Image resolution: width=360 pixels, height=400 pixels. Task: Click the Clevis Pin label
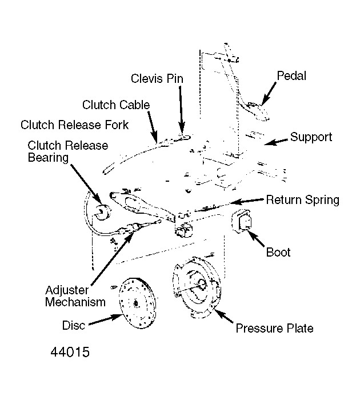[157, 79]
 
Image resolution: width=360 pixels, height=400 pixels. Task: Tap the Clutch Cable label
[116, 105]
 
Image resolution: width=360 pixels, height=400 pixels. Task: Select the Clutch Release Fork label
[74, 125]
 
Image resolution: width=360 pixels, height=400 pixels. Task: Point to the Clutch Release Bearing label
[68, 151]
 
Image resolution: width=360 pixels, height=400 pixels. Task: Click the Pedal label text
[291, 76]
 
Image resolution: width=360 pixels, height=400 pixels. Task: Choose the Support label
[311, 137]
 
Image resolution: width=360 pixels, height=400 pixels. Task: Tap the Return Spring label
[303, 200]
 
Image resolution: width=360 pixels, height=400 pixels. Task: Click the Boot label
[278, 253]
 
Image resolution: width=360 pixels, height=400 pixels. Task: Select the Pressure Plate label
[274, 329]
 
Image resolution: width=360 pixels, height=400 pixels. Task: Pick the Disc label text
[74, 326]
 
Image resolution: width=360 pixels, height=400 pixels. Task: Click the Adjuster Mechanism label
[75, 296]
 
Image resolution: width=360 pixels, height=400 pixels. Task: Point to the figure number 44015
[70, 353]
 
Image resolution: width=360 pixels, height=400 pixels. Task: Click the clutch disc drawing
[137, 303]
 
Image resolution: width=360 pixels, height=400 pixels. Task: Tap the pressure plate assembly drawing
[197, 287]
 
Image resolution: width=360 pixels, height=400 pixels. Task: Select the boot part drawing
[241, 221]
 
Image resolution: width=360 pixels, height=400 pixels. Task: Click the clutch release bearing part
[103, 213]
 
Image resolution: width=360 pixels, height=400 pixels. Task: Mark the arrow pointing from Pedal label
[269, 93]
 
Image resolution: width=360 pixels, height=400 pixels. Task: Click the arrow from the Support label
[277, 142]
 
